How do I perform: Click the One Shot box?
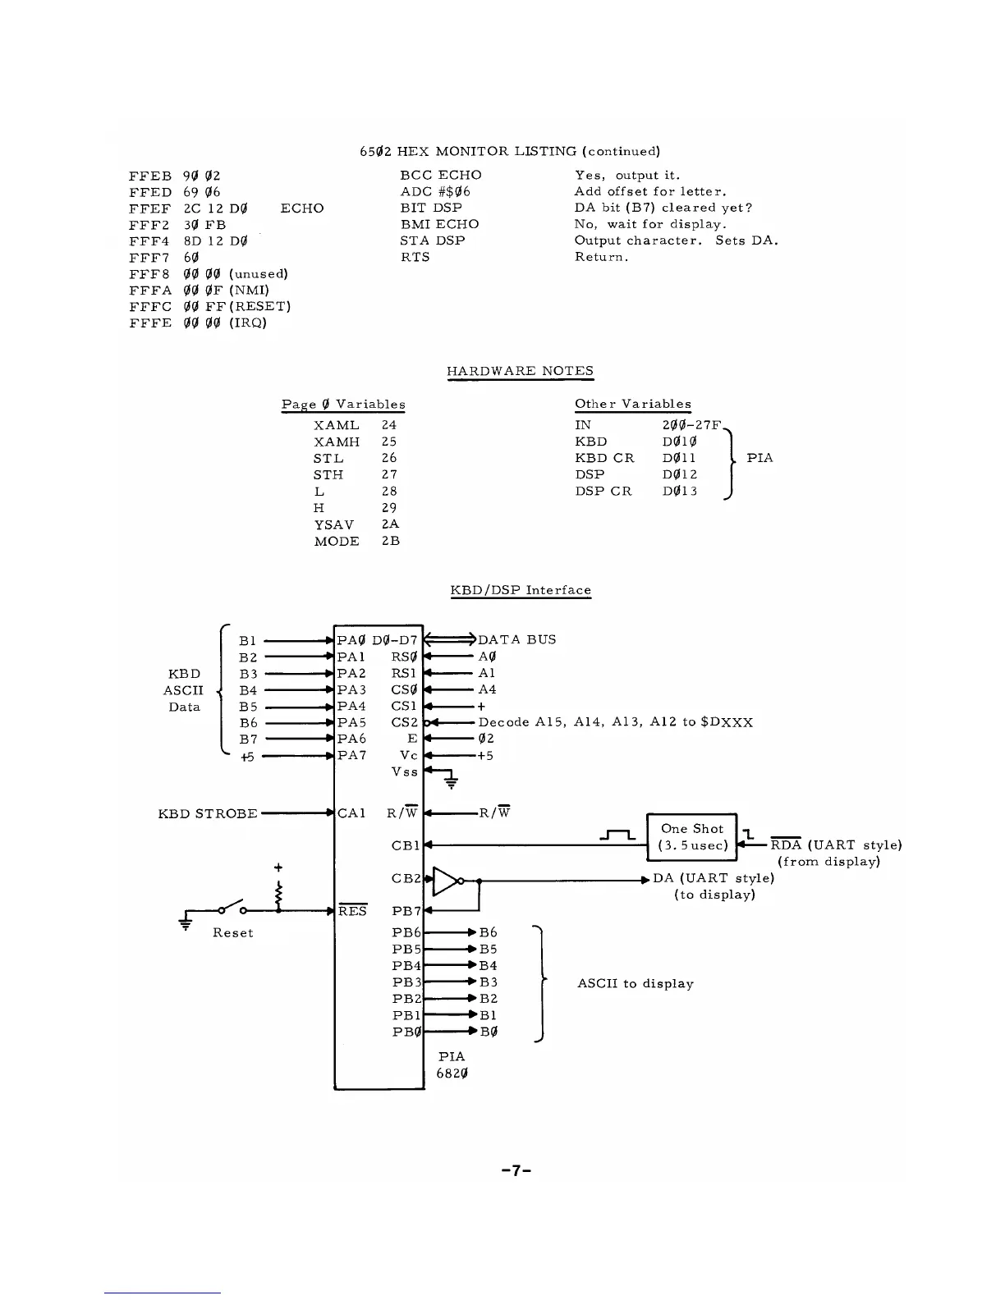point(692,836)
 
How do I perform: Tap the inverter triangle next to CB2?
point(446,880)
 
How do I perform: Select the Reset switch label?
point(232,932)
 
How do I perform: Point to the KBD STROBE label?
point(208,813)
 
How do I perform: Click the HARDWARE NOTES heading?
point(520,371)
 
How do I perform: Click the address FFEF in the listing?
point(150,208)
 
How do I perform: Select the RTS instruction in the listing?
point(415,257)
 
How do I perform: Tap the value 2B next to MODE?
point(390,542)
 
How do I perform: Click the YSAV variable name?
point(334,525)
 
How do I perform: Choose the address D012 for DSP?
point(680,474)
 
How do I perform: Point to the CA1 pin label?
point(351,813)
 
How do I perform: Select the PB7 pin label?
point(406,911)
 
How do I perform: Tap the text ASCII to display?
point(636,983)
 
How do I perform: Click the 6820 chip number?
point(452,1073)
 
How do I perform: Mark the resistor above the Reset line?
point(279,890)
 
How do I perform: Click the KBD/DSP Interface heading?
point(521,590)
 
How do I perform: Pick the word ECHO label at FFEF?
point(302,208)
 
